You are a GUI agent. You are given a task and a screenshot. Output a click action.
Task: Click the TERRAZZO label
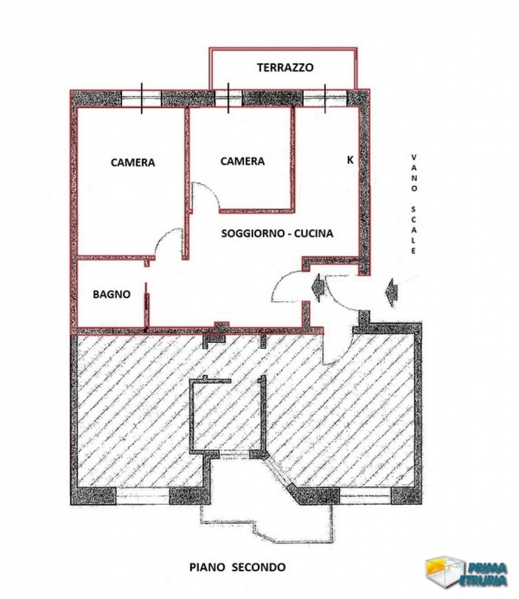pos(285,68)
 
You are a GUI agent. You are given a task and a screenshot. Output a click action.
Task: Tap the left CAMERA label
pos(133,163)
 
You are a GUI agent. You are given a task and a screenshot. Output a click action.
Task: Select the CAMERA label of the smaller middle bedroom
pos(242,161)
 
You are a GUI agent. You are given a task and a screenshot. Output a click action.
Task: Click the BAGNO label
pos(111,294)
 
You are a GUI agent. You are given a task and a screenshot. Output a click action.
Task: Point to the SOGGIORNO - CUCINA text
pos(277,233)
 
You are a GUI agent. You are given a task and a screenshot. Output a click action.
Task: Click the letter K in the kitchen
pos(350,160)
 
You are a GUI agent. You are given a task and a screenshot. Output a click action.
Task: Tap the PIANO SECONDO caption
pos(237,567)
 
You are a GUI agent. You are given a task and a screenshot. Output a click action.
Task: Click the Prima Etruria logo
pos(467,572)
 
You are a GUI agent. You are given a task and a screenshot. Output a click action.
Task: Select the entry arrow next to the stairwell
pos(391,292)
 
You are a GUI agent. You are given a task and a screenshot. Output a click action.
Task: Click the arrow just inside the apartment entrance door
pos(318,287)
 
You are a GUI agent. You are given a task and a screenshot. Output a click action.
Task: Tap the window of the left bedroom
pos(141,99)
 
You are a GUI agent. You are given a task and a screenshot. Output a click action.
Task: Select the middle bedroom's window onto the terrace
pos(228,99)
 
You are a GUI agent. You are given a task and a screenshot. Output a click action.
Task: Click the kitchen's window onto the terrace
pos(324,99)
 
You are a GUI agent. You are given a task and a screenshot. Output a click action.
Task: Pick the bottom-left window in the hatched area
pos(143,495)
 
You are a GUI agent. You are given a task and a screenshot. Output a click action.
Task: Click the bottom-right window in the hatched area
pos(365,495)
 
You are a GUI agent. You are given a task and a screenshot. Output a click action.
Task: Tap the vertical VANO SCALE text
pos(414,204)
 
